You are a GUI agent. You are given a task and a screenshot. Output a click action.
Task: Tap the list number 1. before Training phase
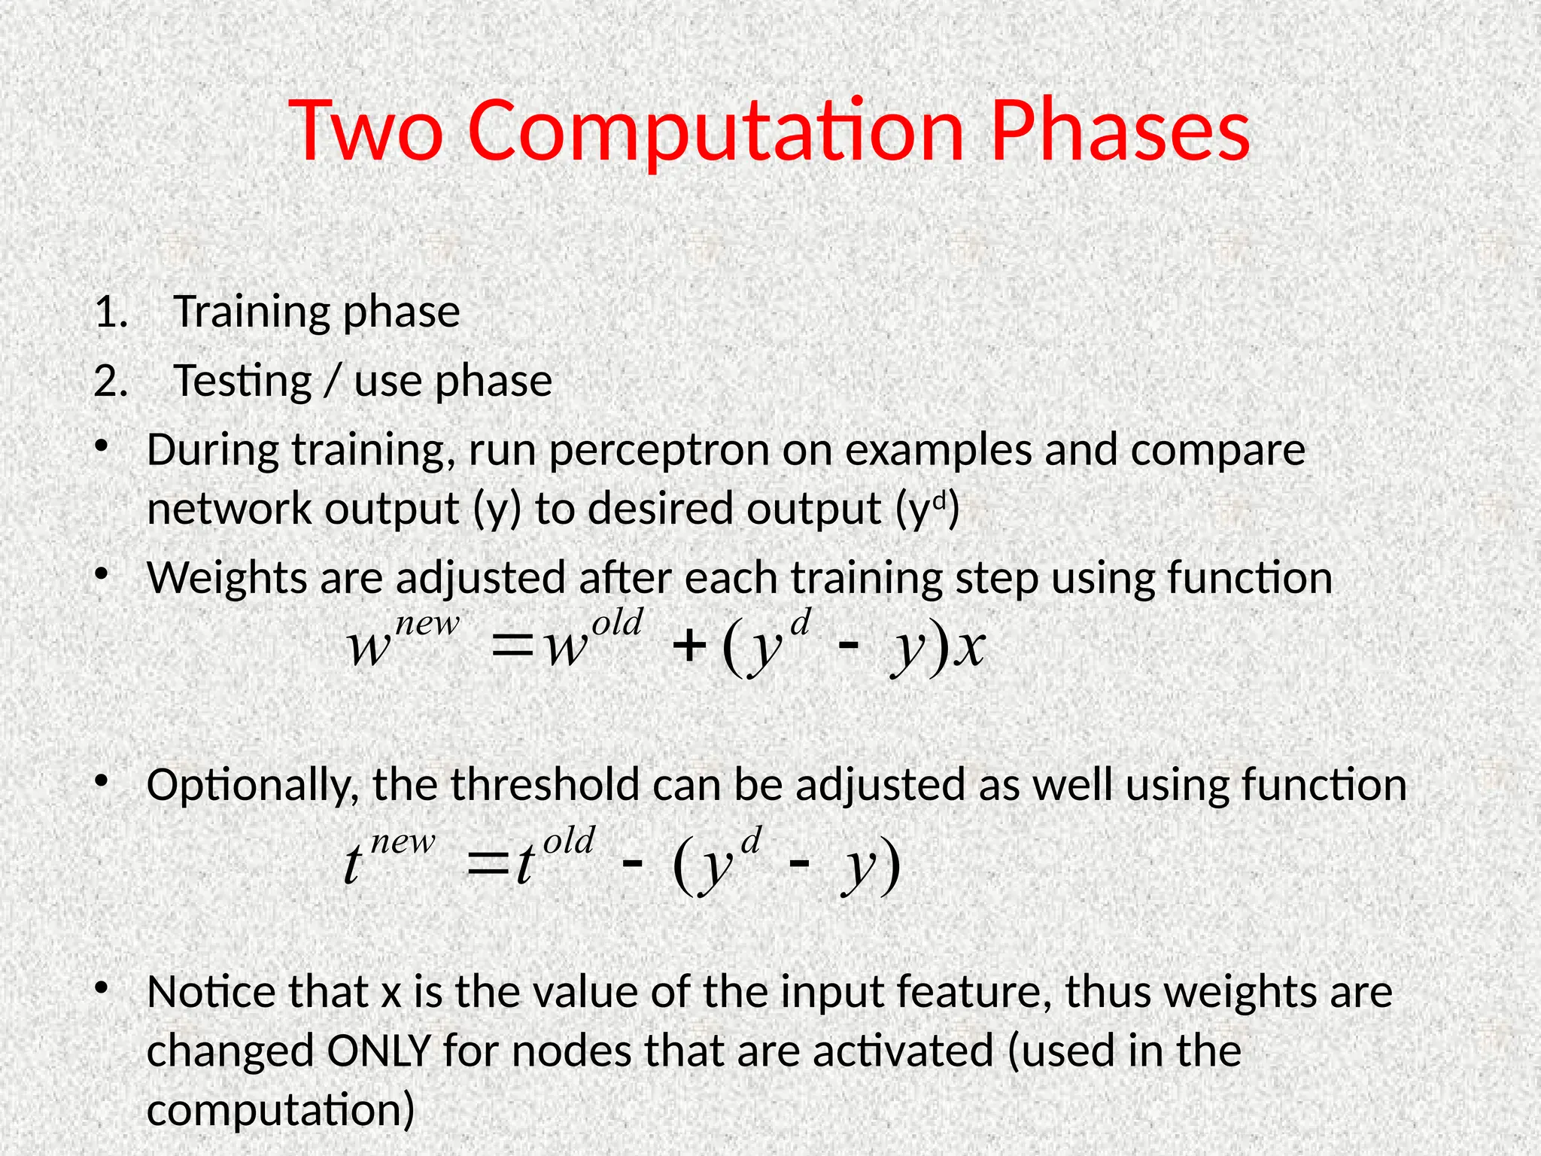coord(111,312)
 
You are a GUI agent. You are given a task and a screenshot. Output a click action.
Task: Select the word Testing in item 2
coord(242,381)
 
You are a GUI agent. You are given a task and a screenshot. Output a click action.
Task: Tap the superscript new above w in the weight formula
coord(427,623)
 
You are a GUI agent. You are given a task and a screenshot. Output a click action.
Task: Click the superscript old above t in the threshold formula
coord(569,840)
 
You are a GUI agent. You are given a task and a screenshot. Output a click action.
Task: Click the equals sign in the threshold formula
coord(488,864)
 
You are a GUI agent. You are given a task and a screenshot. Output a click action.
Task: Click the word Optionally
coord(253,786)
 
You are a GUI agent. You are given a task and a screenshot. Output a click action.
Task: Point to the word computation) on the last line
coord(281,1109)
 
